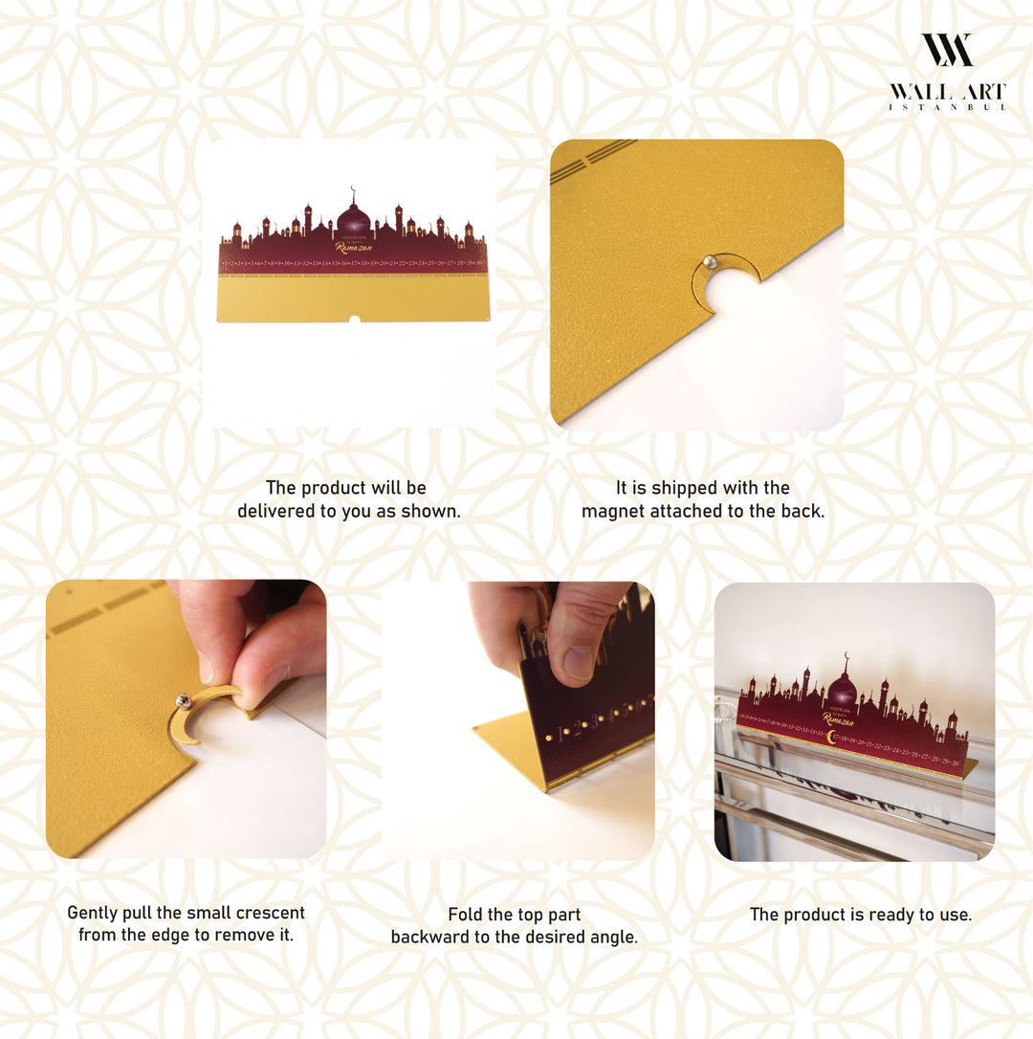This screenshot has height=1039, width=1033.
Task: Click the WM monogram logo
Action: pos(947,50)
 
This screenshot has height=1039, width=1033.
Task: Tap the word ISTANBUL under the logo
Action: pos(947,107)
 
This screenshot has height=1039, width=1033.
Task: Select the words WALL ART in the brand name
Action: pos(947,92)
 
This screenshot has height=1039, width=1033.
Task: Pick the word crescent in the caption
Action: pos(265,913)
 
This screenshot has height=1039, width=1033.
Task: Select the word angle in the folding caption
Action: pos(613,937)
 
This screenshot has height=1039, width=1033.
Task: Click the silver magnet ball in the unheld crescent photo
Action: pos(709,262)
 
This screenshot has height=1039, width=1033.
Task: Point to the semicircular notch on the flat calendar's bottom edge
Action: pos(353,319)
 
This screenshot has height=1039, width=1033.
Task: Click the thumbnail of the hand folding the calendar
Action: pos(517,719)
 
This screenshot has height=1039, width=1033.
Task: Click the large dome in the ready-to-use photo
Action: pos(842,689)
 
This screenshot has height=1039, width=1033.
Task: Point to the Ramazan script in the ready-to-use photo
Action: pos(839,718)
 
